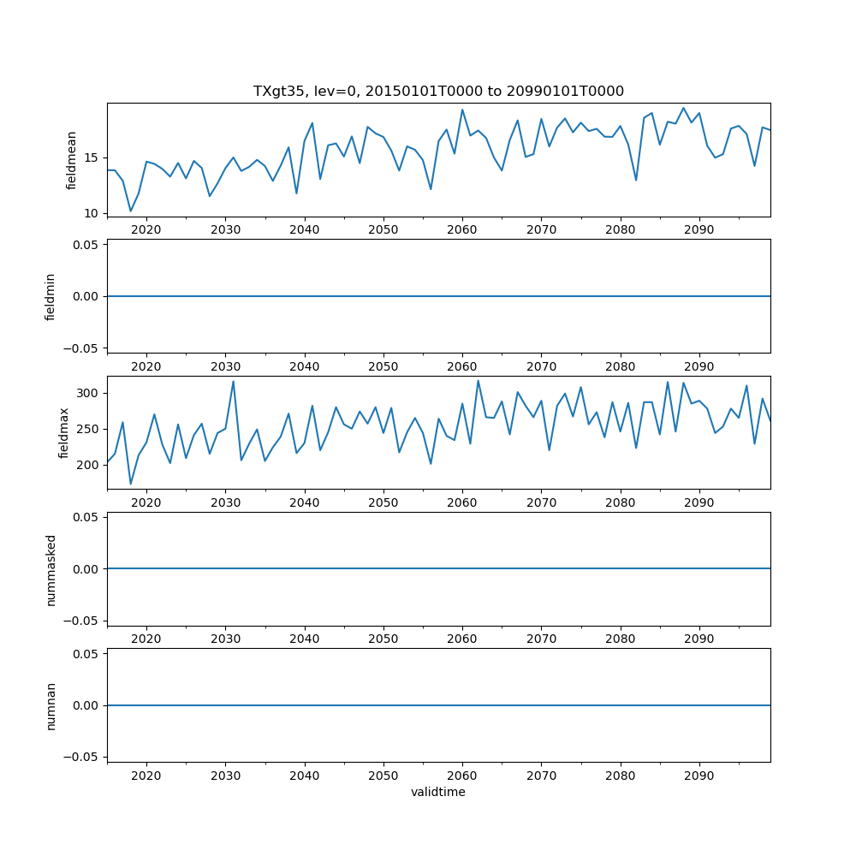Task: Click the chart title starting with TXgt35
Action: (x=438, y=91)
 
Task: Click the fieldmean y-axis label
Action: (x=72, y=160)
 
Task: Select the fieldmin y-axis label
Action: (x=51, y=296)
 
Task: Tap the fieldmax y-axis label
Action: (x=64, y=432)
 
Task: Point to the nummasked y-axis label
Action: (x=51, y=568)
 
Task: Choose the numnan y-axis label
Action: (x=51, y=705)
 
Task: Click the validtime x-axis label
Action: (x=438, y=792)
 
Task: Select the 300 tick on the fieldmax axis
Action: (x=88, y=393)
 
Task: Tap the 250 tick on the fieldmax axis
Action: (x=88, y=429)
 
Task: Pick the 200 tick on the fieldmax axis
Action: (x=88, y=465)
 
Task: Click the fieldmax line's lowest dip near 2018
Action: (x=131, y=484)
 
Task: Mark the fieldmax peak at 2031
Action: (x=233, y=382)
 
